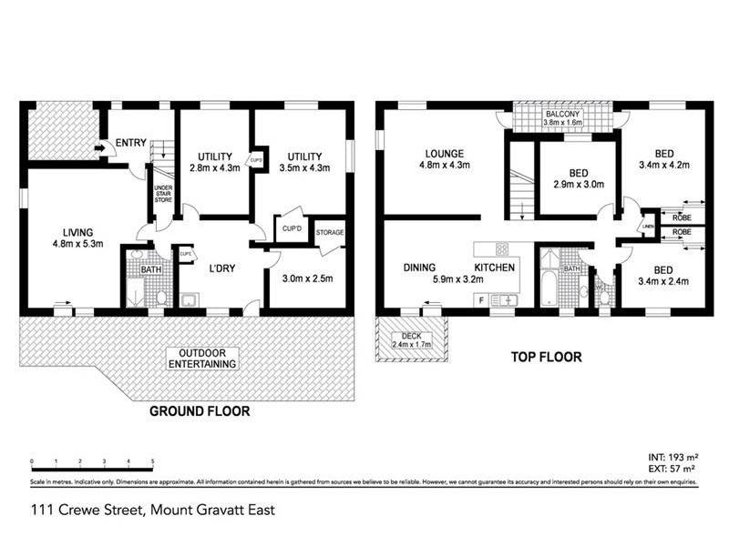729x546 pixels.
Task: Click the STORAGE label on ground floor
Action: coord(330,233)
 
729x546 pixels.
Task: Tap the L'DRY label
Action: coord(223,268)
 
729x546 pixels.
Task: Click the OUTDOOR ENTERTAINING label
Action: coord(208,359)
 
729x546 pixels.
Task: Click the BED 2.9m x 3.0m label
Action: coord(578,178)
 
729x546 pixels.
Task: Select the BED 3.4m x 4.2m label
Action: coord(664,159)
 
